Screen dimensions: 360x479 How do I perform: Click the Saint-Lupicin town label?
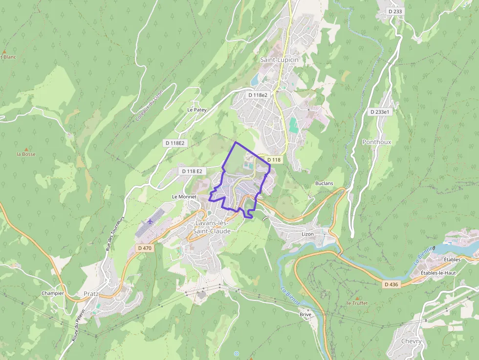(279, 60)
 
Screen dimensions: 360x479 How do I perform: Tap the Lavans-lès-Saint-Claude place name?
(212, 227)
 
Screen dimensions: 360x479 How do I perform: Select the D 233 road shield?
(394, 11)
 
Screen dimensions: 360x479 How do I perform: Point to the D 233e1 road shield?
(380, 112)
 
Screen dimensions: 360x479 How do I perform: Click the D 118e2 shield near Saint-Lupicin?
(258, 95)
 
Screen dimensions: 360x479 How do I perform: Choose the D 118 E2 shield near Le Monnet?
(192, 171)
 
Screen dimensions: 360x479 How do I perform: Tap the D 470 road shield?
(145, 248)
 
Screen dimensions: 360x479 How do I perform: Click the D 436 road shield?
(392, 284)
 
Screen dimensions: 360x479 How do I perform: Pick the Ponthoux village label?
(376, 142)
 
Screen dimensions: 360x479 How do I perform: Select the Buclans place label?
(324, 184)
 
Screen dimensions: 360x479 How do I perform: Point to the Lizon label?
(307, 234)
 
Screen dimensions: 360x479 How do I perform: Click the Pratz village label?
(91, 294)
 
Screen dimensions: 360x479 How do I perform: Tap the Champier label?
(53, 294)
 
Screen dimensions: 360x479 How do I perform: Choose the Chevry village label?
(411, 341)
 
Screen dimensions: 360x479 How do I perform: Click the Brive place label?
(305, 315)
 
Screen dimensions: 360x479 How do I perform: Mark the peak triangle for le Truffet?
(357, 298)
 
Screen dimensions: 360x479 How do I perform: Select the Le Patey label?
(196, 110)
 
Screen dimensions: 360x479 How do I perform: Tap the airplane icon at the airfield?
(150, 221)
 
